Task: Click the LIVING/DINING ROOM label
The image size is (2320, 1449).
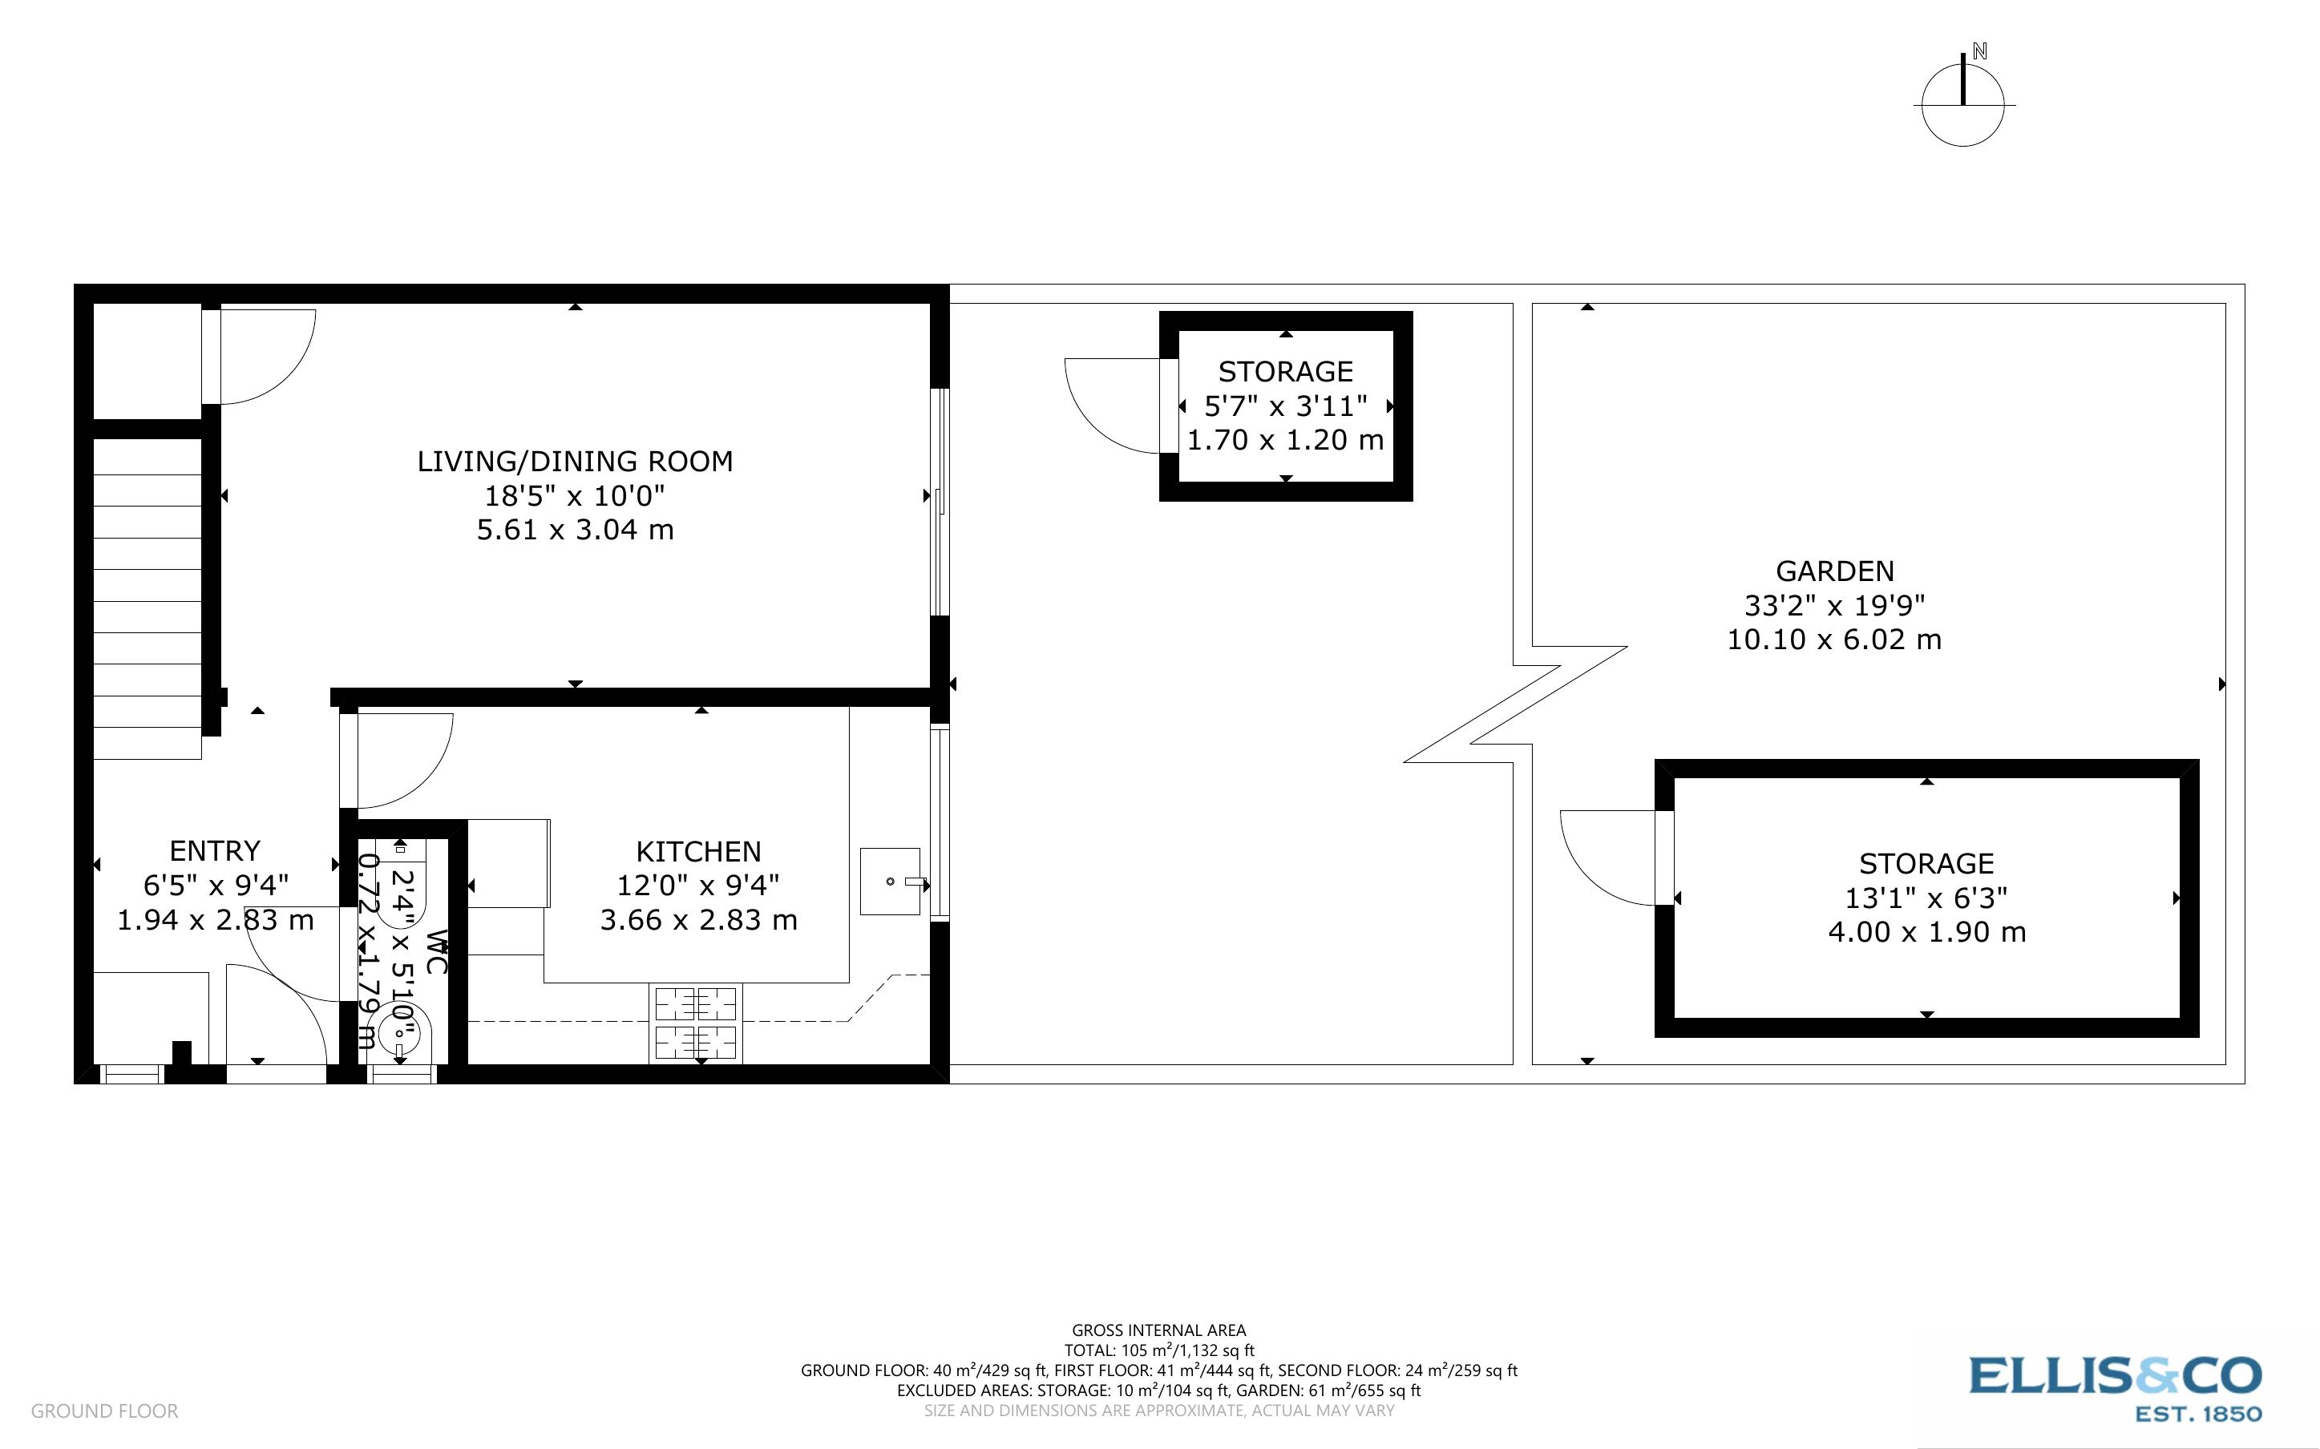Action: pos(575,462)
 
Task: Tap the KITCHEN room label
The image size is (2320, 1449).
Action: pos(698,852)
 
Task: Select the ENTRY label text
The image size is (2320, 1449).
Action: pos(215,851)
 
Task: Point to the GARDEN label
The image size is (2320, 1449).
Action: pos(1834,571)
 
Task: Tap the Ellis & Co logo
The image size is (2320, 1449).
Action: pos(2115,1377)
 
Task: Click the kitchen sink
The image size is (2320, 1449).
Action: pos(891,881)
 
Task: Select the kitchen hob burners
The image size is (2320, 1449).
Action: pos(696,1023)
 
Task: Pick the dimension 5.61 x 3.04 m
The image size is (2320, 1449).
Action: pos(575,530)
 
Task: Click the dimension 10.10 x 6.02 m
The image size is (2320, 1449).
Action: pos(1834,640)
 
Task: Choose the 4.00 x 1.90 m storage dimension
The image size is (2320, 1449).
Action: pos(1926,931)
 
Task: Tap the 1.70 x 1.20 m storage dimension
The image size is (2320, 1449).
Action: pos(1285,440)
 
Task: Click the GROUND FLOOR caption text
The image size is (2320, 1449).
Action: pos(104,1411)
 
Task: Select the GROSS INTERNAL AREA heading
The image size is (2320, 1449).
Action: pos(1158,1330)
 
